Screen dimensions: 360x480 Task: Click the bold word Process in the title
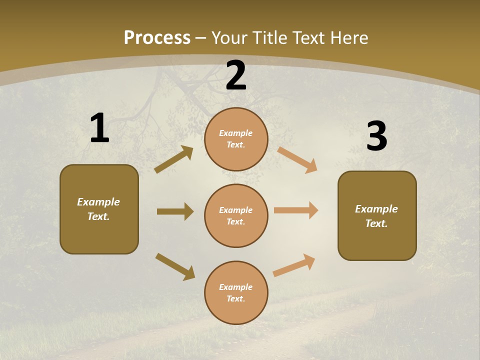click(157, 38)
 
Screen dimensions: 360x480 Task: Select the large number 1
click(99, 128)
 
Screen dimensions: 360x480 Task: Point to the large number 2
click(236, 75)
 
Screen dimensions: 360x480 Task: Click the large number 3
click(376, 136)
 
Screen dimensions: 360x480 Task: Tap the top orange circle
click(236, 139)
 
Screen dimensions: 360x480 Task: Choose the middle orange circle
click(236, 215)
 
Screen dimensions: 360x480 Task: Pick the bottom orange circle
click(236, 292)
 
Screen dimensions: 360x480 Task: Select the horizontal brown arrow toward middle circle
click(175, 211)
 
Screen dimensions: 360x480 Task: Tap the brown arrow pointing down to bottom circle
click(175, 266)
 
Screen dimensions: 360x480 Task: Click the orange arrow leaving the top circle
click(297, 159)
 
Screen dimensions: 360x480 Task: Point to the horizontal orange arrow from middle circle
click(296, 210)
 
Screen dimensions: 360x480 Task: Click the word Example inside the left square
click(98, 202)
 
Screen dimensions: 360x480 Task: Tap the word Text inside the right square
click(376, 223)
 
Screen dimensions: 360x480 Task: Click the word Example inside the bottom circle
click(235, 287)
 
